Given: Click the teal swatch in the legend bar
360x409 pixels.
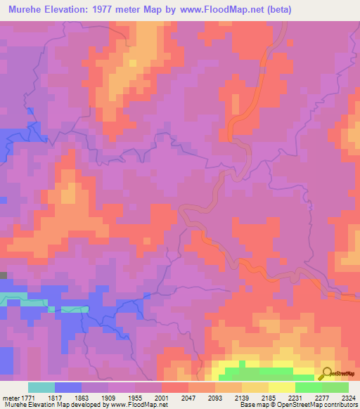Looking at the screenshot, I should (41, 387).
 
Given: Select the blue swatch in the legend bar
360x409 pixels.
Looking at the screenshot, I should (68, 387).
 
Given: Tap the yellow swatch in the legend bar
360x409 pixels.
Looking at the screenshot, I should (282, 387).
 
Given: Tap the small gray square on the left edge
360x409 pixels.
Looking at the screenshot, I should (3, 276).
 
